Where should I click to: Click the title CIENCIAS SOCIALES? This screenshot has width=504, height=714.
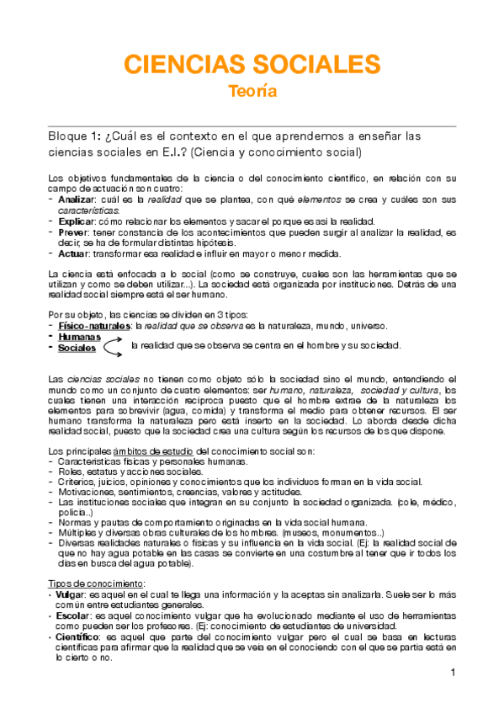pos(252,64)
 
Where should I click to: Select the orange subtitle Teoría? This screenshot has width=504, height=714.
pos(252,92)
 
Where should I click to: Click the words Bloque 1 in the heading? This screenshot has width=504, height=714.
pos(71,136)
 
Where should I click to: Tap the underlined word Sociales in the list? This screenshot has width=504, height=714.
pos(77,348)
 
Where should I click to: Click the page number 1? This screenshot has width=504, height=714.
pos(452,672)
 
